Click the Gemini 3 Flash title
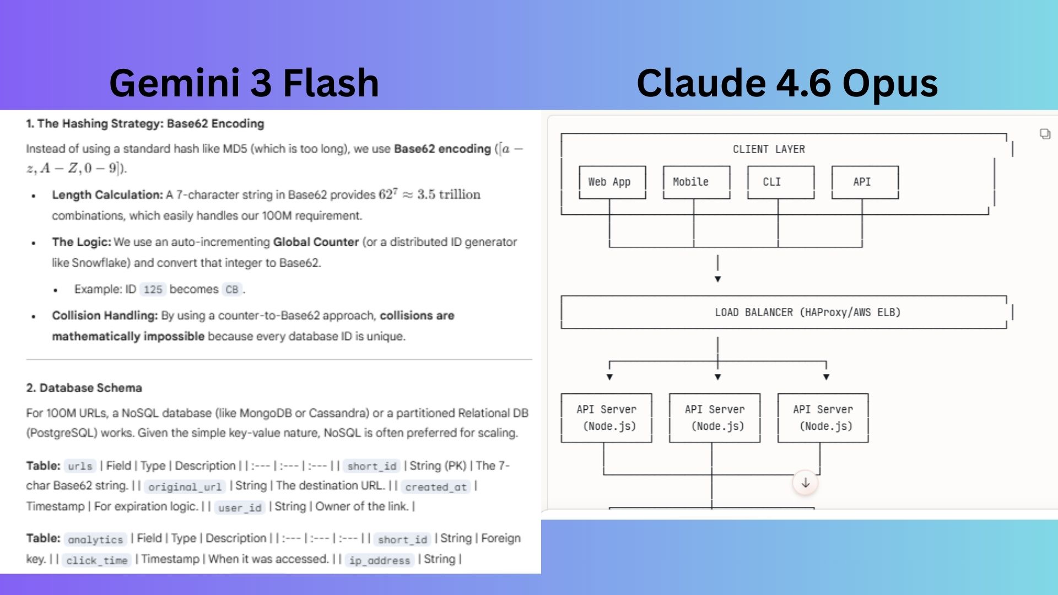point(244,83)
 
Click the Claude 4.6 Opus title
point(787,83)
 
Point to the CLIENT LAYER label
point(769,149)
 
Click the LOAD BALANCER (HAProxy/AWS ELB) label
point(807,312)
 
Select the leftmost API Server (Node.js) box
point(606,418)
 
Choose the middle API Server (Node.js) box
point(715,418)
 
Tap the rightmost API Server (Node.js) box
point(823,418)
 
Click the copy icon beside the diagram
point(1045,134)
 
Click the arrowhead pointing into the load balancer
point(717,279)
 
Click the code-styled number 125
point(153,290)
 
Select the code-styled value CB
point(232,290)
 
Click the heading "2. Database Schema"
point(84,388)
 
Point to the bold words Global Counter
point(316,242)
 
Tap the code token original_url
point(185,486)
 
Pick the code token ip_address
point(380,560)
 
